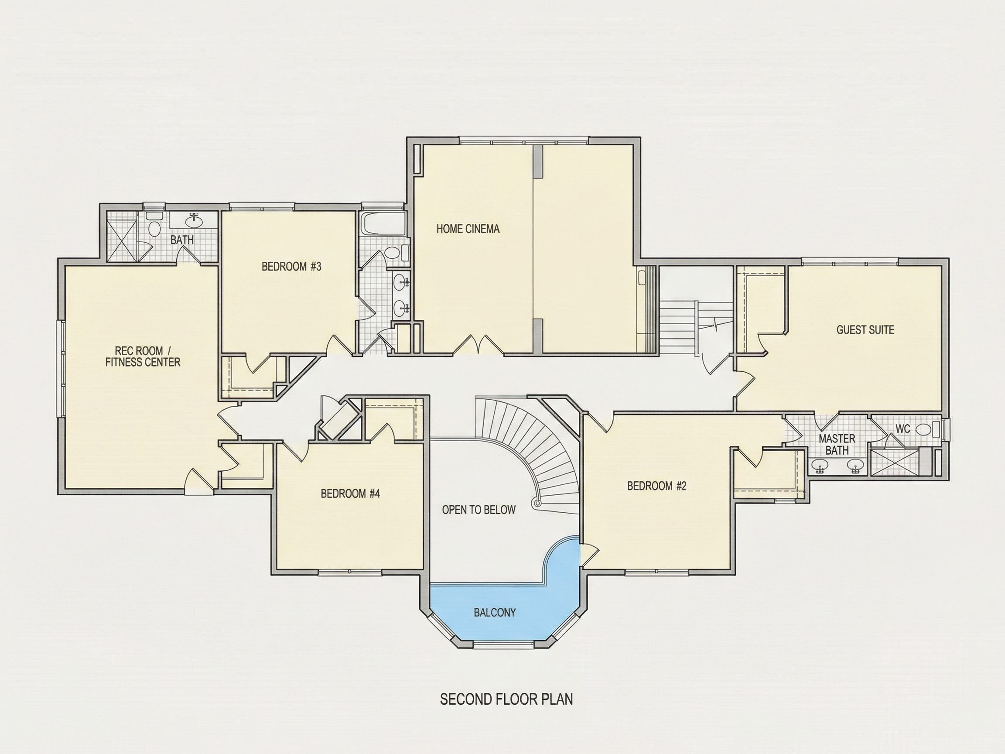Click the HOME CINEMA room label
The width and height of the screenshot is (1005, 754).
(468, 229)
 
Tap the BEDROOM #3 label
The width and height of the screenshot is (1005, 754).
(291, 267)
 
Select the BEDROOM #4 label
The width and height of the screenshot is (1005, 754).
(350, 494)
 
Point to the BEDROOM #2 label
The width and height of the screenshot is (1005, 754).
(656, 486)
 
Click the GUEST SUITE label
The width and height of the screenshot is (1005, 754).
(865, 330)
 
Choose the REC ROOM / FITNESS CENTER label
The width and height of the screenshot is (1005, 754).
(143, 356)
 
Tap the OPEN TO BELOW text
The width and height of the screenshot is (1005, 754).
(479, 510)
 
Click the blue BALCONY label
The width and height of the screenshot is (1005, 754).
(495, 613)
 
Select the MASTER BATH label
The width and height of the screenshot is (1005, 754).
(837, 445)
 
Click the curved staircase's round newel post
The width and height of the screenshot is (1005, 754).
(538, 504)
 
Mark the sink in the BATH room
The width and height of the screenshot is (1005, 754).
(195, 221)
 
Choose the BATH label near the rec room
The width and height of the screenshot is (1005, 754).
(182, 240)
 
